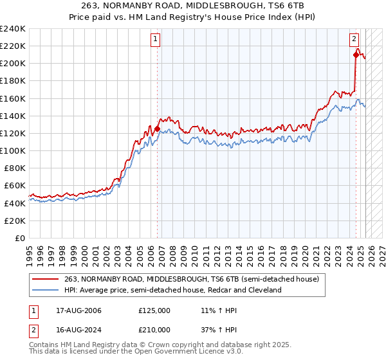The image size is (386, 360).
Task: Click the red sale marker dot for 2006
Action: click(x=158, y=129)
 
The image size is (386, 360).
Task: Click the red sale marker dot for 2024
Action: click(x=356, y=55)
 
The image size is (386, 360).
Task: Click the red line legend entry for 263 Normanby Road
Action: click(x=187, y=279)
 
